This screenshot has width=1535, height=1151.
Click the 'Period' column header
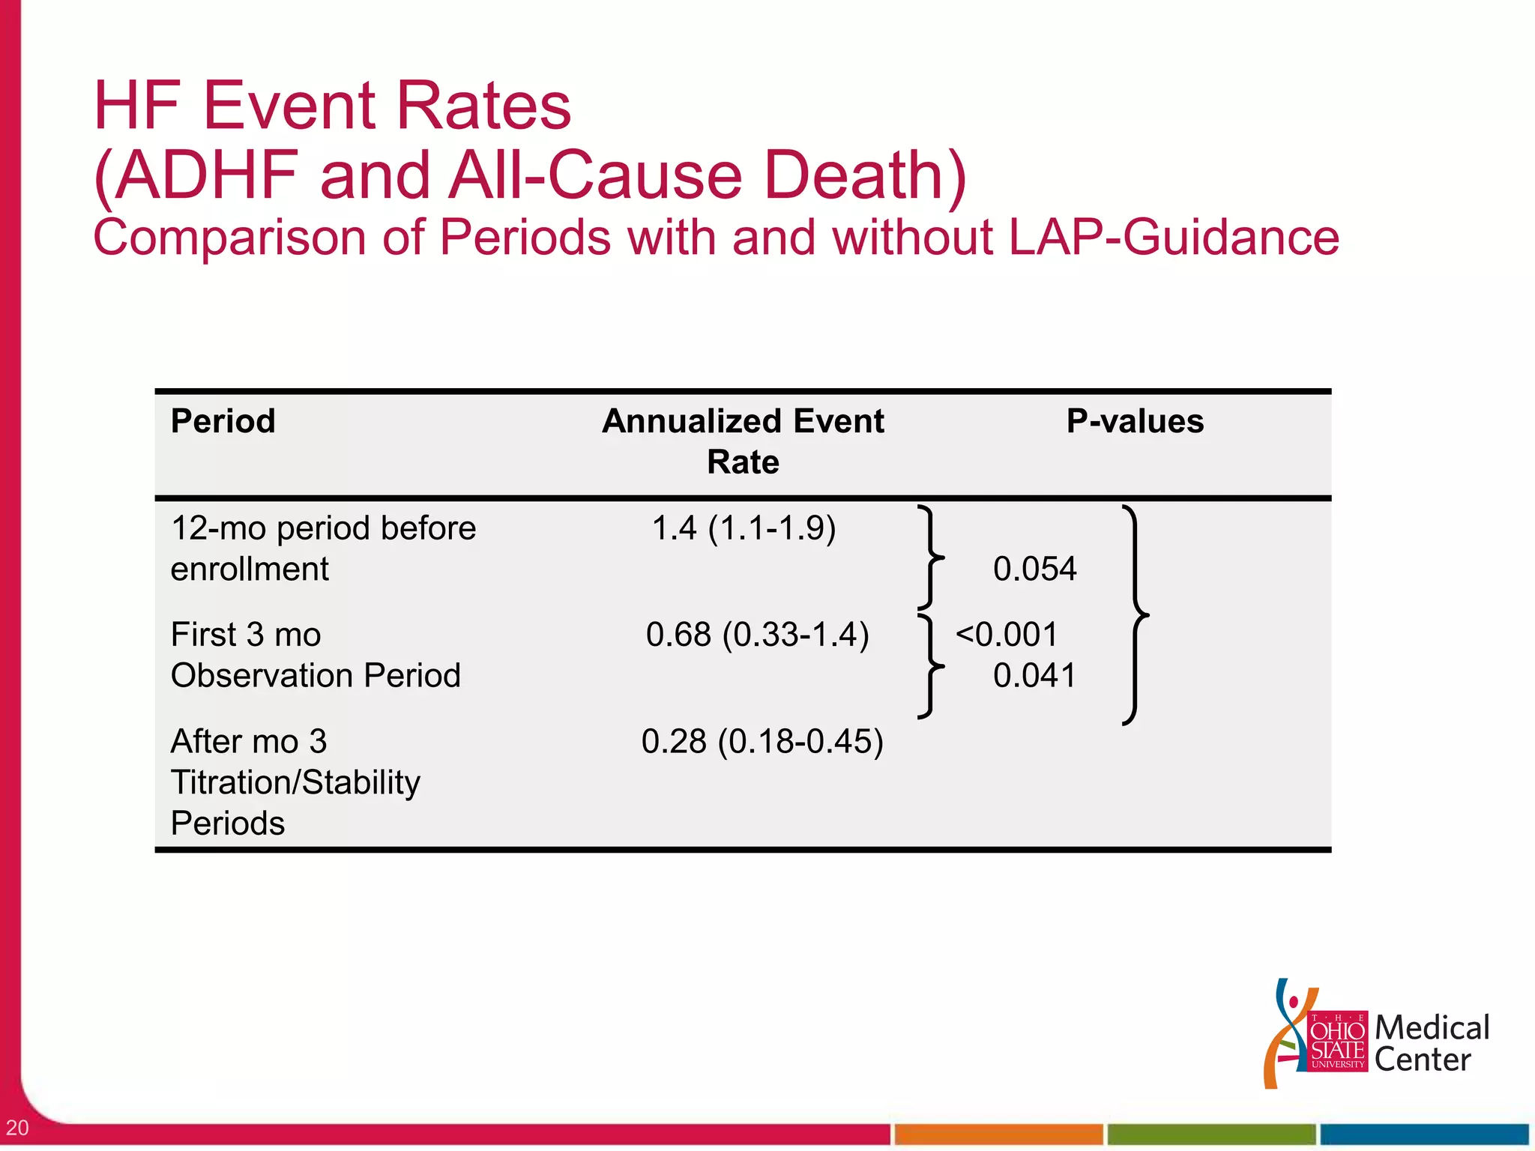coord(223,421)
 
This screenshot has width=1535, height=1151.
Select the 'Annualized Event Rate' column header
coord(743,441)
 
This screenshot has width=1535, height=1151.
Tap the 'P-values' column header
coord(1135,421)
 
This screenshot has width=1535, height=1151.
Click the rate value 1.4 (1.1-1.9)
coord(744,528)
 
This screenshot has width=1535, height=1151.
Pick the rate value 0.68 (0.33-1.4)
coord(757,635)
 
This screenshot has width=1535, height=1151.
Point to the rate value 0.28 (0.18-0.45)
coord(762,741)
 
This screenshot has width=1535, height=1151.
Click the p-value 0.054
coord(1034,569)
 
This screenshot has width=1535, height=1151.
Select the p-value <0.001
coord(1007,635)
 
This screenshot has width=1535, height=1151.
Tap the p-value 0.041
coord(1034,676)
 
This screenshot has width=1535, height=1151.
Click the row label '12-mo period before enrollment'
coord(323,549)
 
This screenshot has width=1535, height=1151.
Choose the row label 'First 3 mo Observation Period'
coord(316,655)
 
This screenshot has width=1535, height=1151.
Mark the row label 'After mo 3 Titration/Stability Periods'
coord(295,782)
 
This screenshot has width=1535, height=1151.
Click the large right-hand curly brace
coord(1135,615)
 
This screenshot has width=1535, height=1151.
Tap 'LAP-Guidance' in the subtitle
coord(1174,238)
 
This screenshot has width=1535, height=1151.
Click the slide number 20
coord(17,1127)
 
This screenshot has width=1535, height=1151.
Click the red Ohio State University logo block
coord(1338,1041)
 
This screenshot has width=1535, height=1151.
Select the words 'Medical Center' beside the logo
coord(1431,1043)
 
